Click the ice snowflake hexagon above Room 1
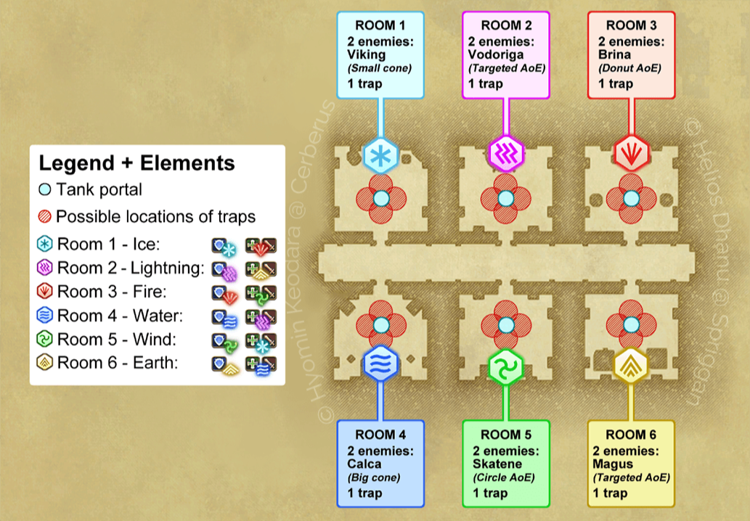378,154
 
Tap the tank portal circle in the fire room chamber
630,198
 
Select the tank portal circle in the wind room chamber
506,324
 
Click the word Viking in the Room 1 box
367,54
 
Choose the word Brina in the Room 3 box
615,54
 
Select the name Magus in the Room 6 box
613,464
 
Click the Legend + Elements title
136,163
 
